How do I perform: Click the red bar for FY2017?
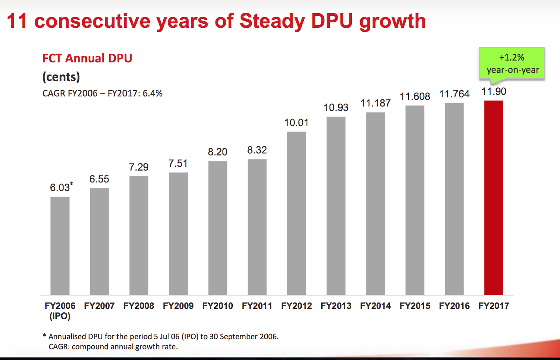pos(493,198)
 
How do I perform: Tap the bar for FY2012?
pos(296,213)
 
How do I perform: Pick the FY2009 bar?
pos(178,234)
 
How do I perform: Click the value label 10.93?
pos(336,108)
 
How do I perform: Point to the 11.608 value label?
pos(415,97)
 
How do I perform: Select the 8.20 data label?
pos(217,152)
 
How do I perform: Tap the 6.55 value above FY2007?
pos(99,179)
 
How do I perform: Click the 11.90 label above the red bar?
pos(493,92)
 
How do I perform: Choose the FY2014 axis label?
pos(375,306)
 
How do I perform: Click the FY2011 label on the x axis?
pos(257,306)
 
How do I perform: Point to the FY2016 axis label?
pos(454,306)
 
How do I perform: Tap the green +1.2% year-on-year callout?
pos(512,64)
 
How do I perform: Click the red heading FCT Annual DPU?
pos(87,58)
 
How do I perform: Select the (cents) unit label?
pos(61,77)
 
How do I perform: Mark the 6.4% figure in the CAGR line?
pos(153,94)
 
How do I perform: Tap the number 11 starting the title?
pos(17,21)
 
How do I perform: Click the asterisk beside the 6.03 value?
pos(71,184)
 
